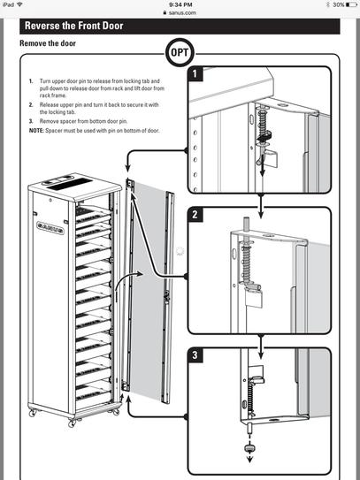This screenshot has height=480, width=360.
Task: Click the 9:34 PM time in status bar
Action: point(180,4)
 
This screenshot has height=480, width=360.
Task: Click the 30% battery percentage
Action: point(330,4)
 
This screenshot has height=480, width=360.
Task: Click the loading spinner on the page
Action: point(180,250)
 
